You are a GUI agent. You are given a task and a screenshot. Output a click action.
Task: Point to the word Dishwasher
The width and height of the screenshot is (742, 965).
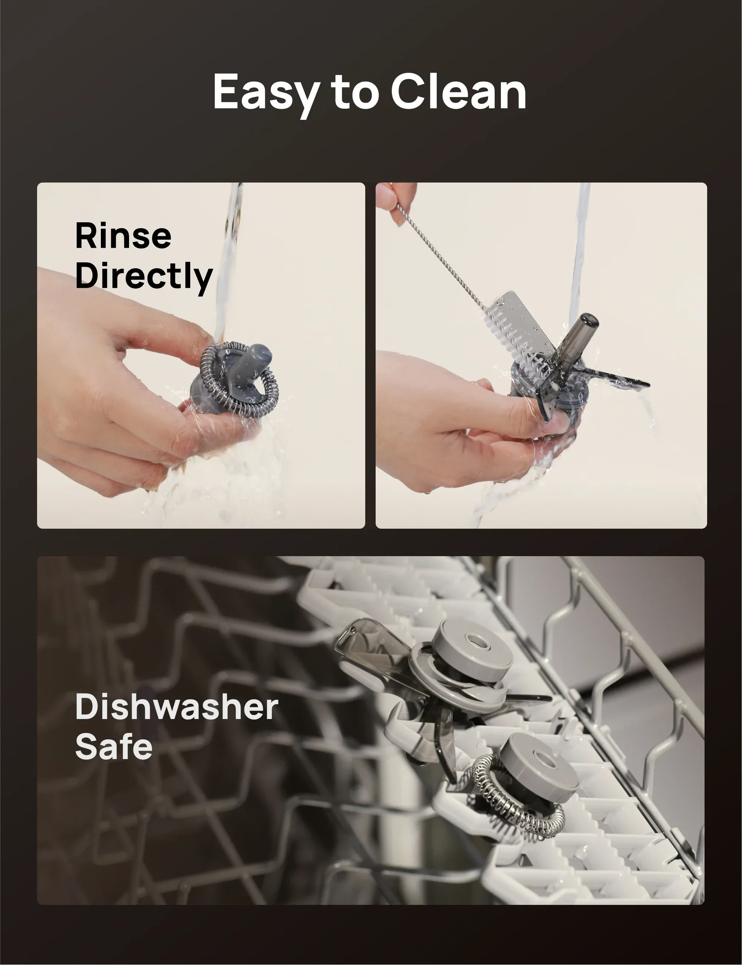177,706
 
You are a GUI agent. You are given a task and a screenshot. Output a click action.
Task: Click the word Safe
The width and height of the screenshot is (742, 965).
113,746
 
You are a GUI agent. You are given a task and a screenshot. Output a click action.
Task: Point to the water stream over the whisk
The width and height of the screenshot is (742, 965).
227,265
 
